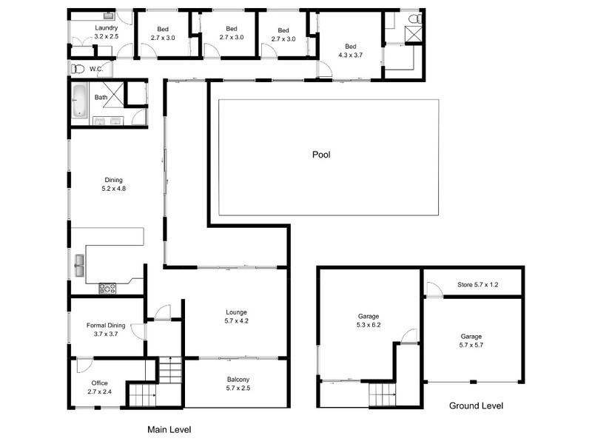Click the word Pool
tap(320, 155)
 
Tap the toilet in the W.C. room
tap(78, 69)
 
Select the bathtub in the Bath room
tap(80, 101)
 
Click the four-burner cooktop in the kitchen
tap(107, 289)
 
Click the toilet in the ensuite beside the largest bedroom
tap(414, 18)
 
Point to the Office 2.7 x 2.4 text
tap(99, 387)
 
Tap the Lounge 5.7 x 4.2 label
tap(237, 316)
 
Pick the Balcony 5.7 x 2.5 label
tap(238, 383)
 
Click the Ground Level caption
tap(477, 406)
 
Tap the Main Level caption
tap(169, 428)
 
